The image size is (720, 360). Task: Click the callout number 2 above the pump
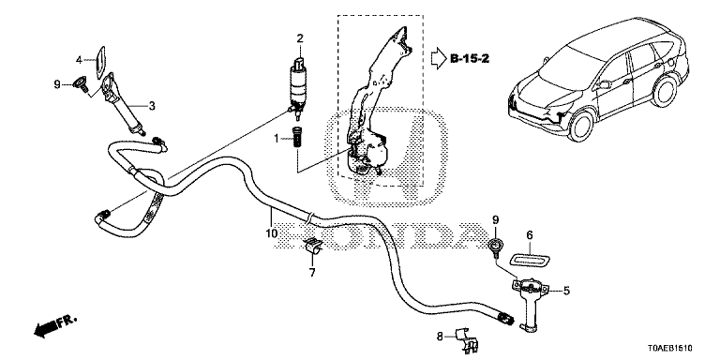(300, 38)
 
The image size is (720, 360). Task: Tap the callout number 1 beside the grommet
(277, 138)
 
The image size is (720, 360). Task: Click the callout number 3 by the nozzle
(152, 106)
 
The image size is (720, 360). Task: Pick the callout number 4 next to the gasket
(79, 60)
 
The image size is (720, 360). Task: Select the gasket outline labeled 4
(100, 62)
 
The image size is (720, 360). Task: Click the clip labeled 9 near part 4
(82, 83)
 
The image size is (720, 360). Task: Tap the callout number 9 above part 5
(495, 220)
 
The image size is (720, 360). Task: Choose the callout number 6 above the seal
(530, 235)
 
